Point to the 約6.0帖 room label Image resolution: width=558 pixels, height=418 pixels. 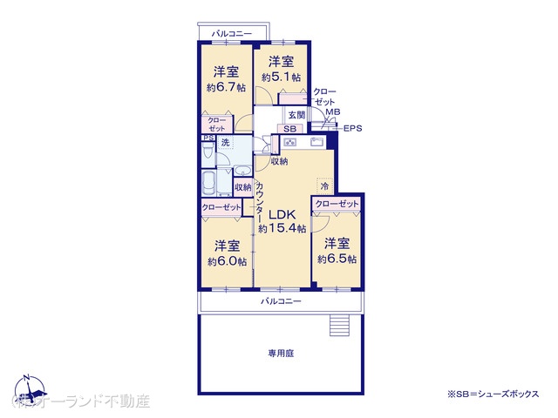[227, 253]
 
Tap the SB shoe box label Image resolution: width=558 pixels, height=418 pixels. [289, 129]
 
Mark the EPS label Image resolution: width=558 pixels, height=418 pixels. [352, 129]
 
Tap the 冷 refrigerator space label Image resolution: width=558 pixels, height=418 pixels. [323, 186]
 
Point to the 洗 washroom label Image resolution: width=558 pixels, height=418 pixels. [225, 142]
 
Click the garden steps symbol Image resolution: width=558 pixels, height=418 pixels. [339, 326]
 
